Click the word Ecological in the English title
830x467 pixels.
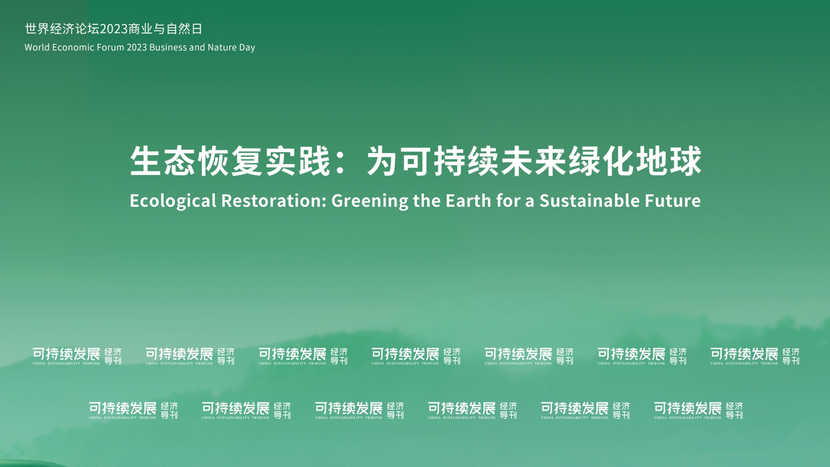coord(173,201)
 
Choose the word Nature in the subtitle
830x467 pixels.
coord(221,47)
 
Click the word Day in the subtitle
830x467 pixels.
coord(246,48)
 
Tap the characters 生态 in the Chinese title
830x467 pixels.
coord(162,161)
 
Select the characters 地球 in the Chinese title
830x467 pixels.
coord(669,161)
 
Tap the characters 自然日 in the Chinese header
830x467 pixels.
coord(184,29)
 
